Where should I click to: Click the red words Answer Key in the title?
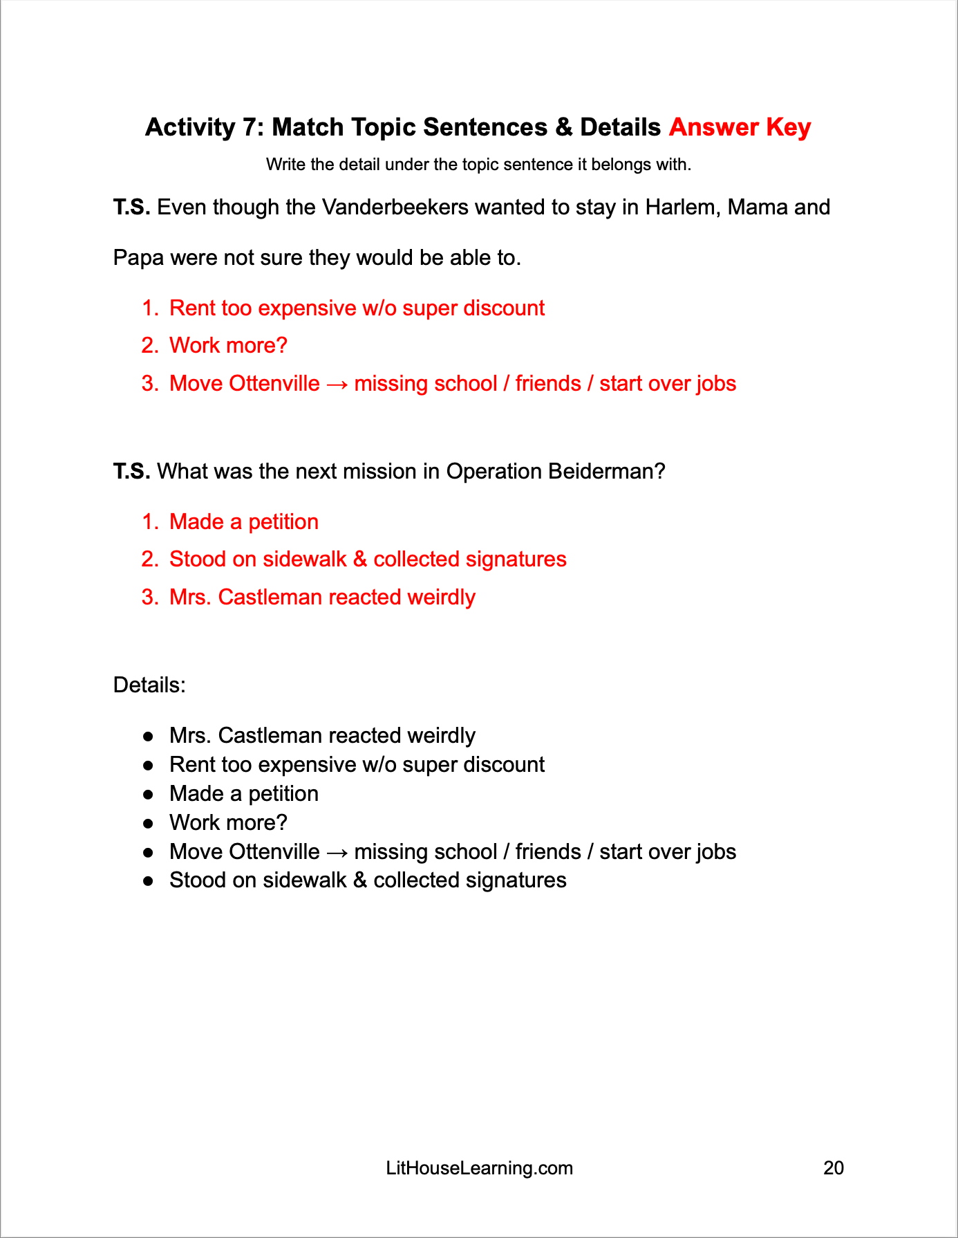point(740,127)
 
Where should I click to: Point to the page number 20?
point(834,1168)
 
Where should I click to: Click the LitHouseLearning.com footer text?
point(479,1168)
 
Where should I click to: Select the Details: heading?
point(149,685)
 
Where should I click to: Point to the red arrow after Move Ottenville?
point(337,385)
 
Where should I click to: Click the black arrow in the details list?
point(337,852)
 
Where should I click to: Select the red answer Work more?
point(228,346)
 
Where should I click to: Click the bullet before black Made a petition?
point(148,795)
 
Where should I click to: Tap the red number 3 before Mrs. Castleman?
point(149,598)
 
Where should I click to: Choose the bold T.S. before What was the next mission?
point(131,472)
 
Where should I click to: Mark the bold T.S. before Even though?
point(131,207)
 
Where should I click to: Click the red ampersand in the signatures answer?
point(359,560)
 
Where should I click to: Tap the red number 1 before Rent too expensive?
point(149,308)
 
